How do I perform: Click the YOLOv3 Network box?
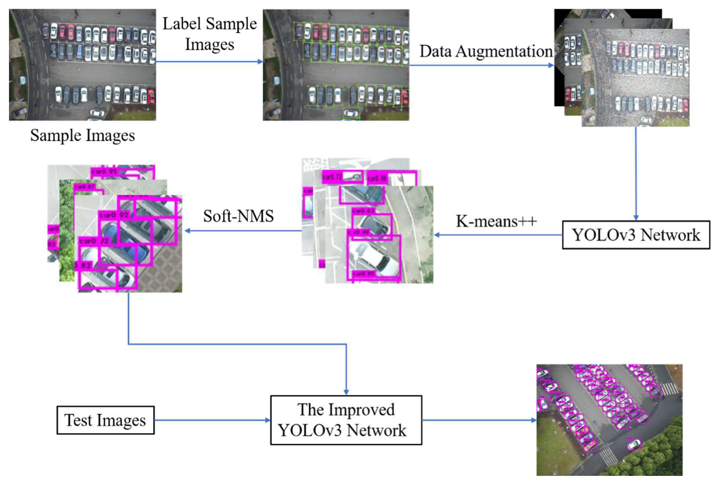pos(635,235)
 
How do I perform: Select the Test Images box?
pos(105,420)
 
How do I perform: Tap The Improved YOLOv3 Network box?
pos(346,420)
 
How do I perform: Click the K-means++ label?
pos(496,221)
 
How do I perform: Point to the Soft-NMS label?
pos(238,216)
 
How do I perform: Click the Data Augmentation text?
pos(486,51)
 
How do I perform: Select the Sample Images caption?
pos(82,135)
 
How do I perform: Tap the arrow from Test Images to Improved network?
pos(212,420)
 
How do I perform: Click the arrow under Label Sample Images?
pos(209,62)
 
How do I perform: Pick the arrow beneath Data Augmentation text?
pos(481,65)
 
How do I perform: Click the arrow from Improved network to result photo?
pos(479,420)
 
